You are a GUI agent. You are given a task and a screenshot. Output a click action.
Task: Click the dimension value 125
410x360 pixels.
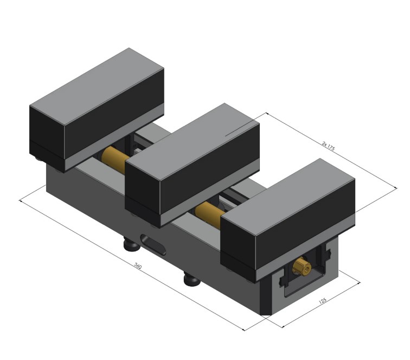point(323,300)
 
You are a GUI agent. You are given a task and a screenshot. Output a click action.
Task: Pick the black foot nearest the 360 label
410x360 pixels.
point(191,280)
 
